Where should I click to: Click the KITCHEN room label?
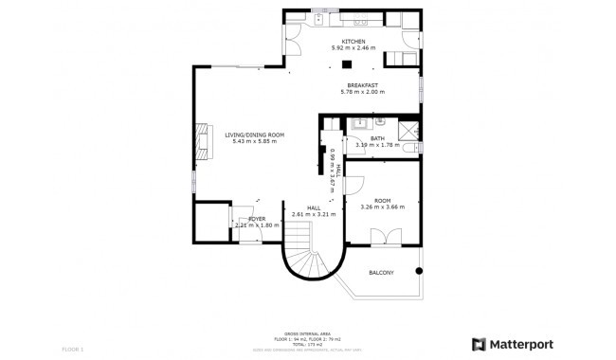(x=353, y=41)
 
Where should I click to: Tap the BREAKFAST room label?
(x=362, y=86)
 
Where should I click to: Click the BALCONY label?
(x=381, y=273)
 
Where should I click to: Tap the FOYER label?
(x=257, y=219)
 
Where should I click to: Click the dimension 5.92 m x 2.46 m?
(x=353, y=47)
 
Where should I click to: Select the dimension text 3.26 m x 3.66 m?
(x=382, y=207)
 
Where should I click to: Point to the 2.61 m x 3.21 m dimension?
(x=315, y=214)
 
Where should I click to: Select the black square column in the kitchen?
(x=347, y=64)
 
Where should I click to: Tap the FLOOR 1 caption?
(x=74, y=350)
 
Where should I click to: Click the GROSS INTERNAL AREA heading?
(x=309, y=333)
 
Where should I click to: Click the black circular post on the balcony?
(x=417, y=270)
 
